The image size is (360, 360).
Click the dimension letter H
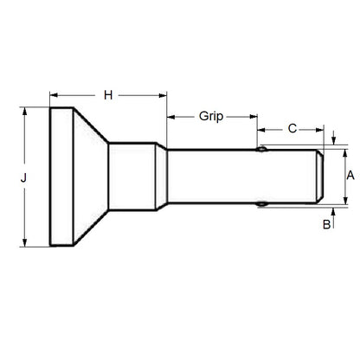[107, 93]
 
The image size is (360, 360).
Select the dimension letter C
[292, 128]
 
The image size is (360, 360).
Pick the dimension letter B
[325, 225]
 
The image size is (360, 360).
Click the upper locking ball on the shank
[260, 149]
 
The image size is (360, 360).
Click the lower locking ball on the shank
[260, 204]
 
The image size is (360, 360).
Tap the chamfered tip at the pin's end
[322, 177]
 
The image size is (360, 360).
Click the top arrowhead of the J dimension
[24, 111]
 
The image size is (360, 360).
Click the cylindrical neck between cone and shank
[132, 177]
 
